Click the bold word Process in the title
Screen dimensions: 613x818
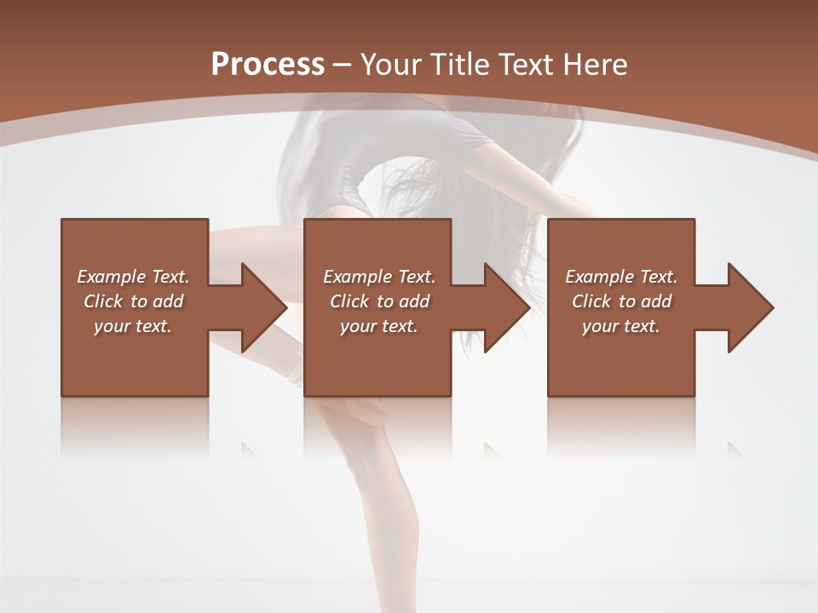point(268,65)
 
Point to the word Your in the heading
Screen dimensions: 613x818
point(391,65)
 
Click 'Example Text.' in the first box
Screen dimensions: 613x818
point(133,277)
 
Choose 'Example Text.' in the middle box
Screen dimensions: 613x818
point(379,277)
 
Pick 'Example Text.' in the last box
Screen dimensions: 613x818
point(621,277)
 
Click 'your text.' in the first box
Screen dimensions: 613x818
point(133,326)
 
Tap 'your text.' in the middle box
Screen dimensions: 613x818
point(379,326)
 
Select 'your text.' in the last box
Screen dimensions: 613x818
point(621,326)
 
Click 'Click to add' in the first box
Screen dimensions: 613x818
point(133,301)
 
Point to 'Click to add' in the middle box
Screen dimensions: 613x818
point(379,301)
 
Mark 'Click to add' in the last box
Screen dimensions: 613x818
point(621,301)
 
